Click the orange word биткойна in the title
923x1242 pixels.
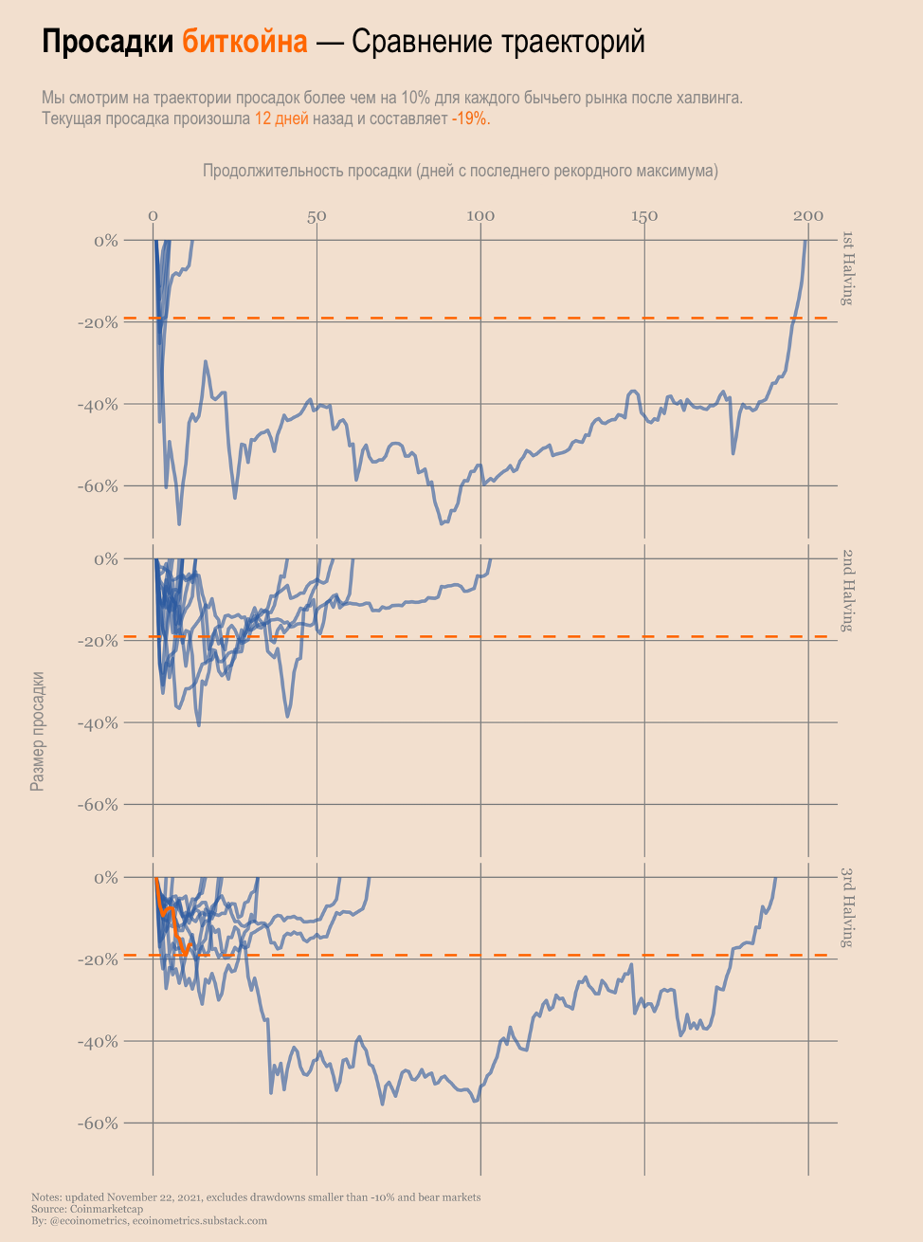point(245,42)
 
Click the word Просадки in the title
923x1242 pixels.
point(107,42)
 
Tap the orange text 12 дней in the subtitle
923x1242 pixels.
point(281,119)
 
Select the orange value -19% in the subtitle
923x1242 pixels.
point(469,119)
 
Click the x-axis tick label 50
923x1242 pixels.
point(317,216)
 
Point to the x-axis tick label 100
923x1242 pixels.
point(480,216)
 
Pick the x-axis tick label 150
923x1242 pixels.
point(644,216)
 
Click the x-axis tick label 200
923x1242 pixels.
point(808,216)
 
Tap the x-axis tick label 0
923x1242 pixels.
point(153,216)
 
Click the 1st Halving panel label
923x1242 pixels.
point(848,268)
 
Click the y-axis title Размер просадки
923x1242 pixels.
point(38,731)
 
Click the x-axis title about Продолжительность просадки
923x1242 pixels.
point(461,171)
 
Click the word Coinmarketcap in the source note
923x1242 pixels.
point(106,1209)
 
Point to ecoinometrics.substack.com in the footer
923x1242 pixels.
point(199,1221)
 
